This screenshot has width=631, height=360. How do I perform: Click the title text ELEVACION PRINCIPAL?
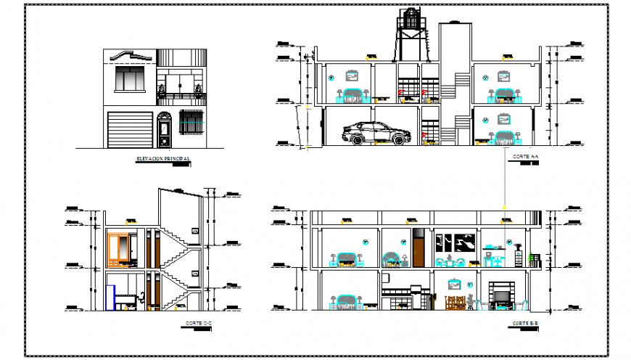[x=163, y=158]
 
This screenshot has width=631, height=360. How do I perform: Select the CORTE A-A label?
[x=524, y=157]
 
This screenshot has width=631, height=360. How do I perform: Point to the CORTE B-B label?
[x=524, y=322]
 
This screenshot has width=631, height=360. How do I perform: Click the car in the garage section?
[x=376, y=133]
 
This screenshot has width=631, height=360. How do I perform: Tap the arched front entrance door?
[x=164, y=131]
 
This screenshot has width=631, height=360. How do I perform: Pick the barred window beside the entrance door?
[x=191, y=121]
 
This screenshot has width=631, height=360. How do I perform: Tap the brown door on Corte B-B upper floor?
[x=418, y=247]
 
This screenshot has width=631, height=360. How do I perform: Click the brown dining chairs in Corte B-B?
[x=454, y=303]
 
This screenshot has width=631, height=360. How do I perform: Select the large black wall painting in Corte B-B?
[x=455, y=242]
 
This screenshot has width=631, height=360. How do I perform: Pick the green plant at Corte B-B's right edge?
[x=535, y=255]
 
